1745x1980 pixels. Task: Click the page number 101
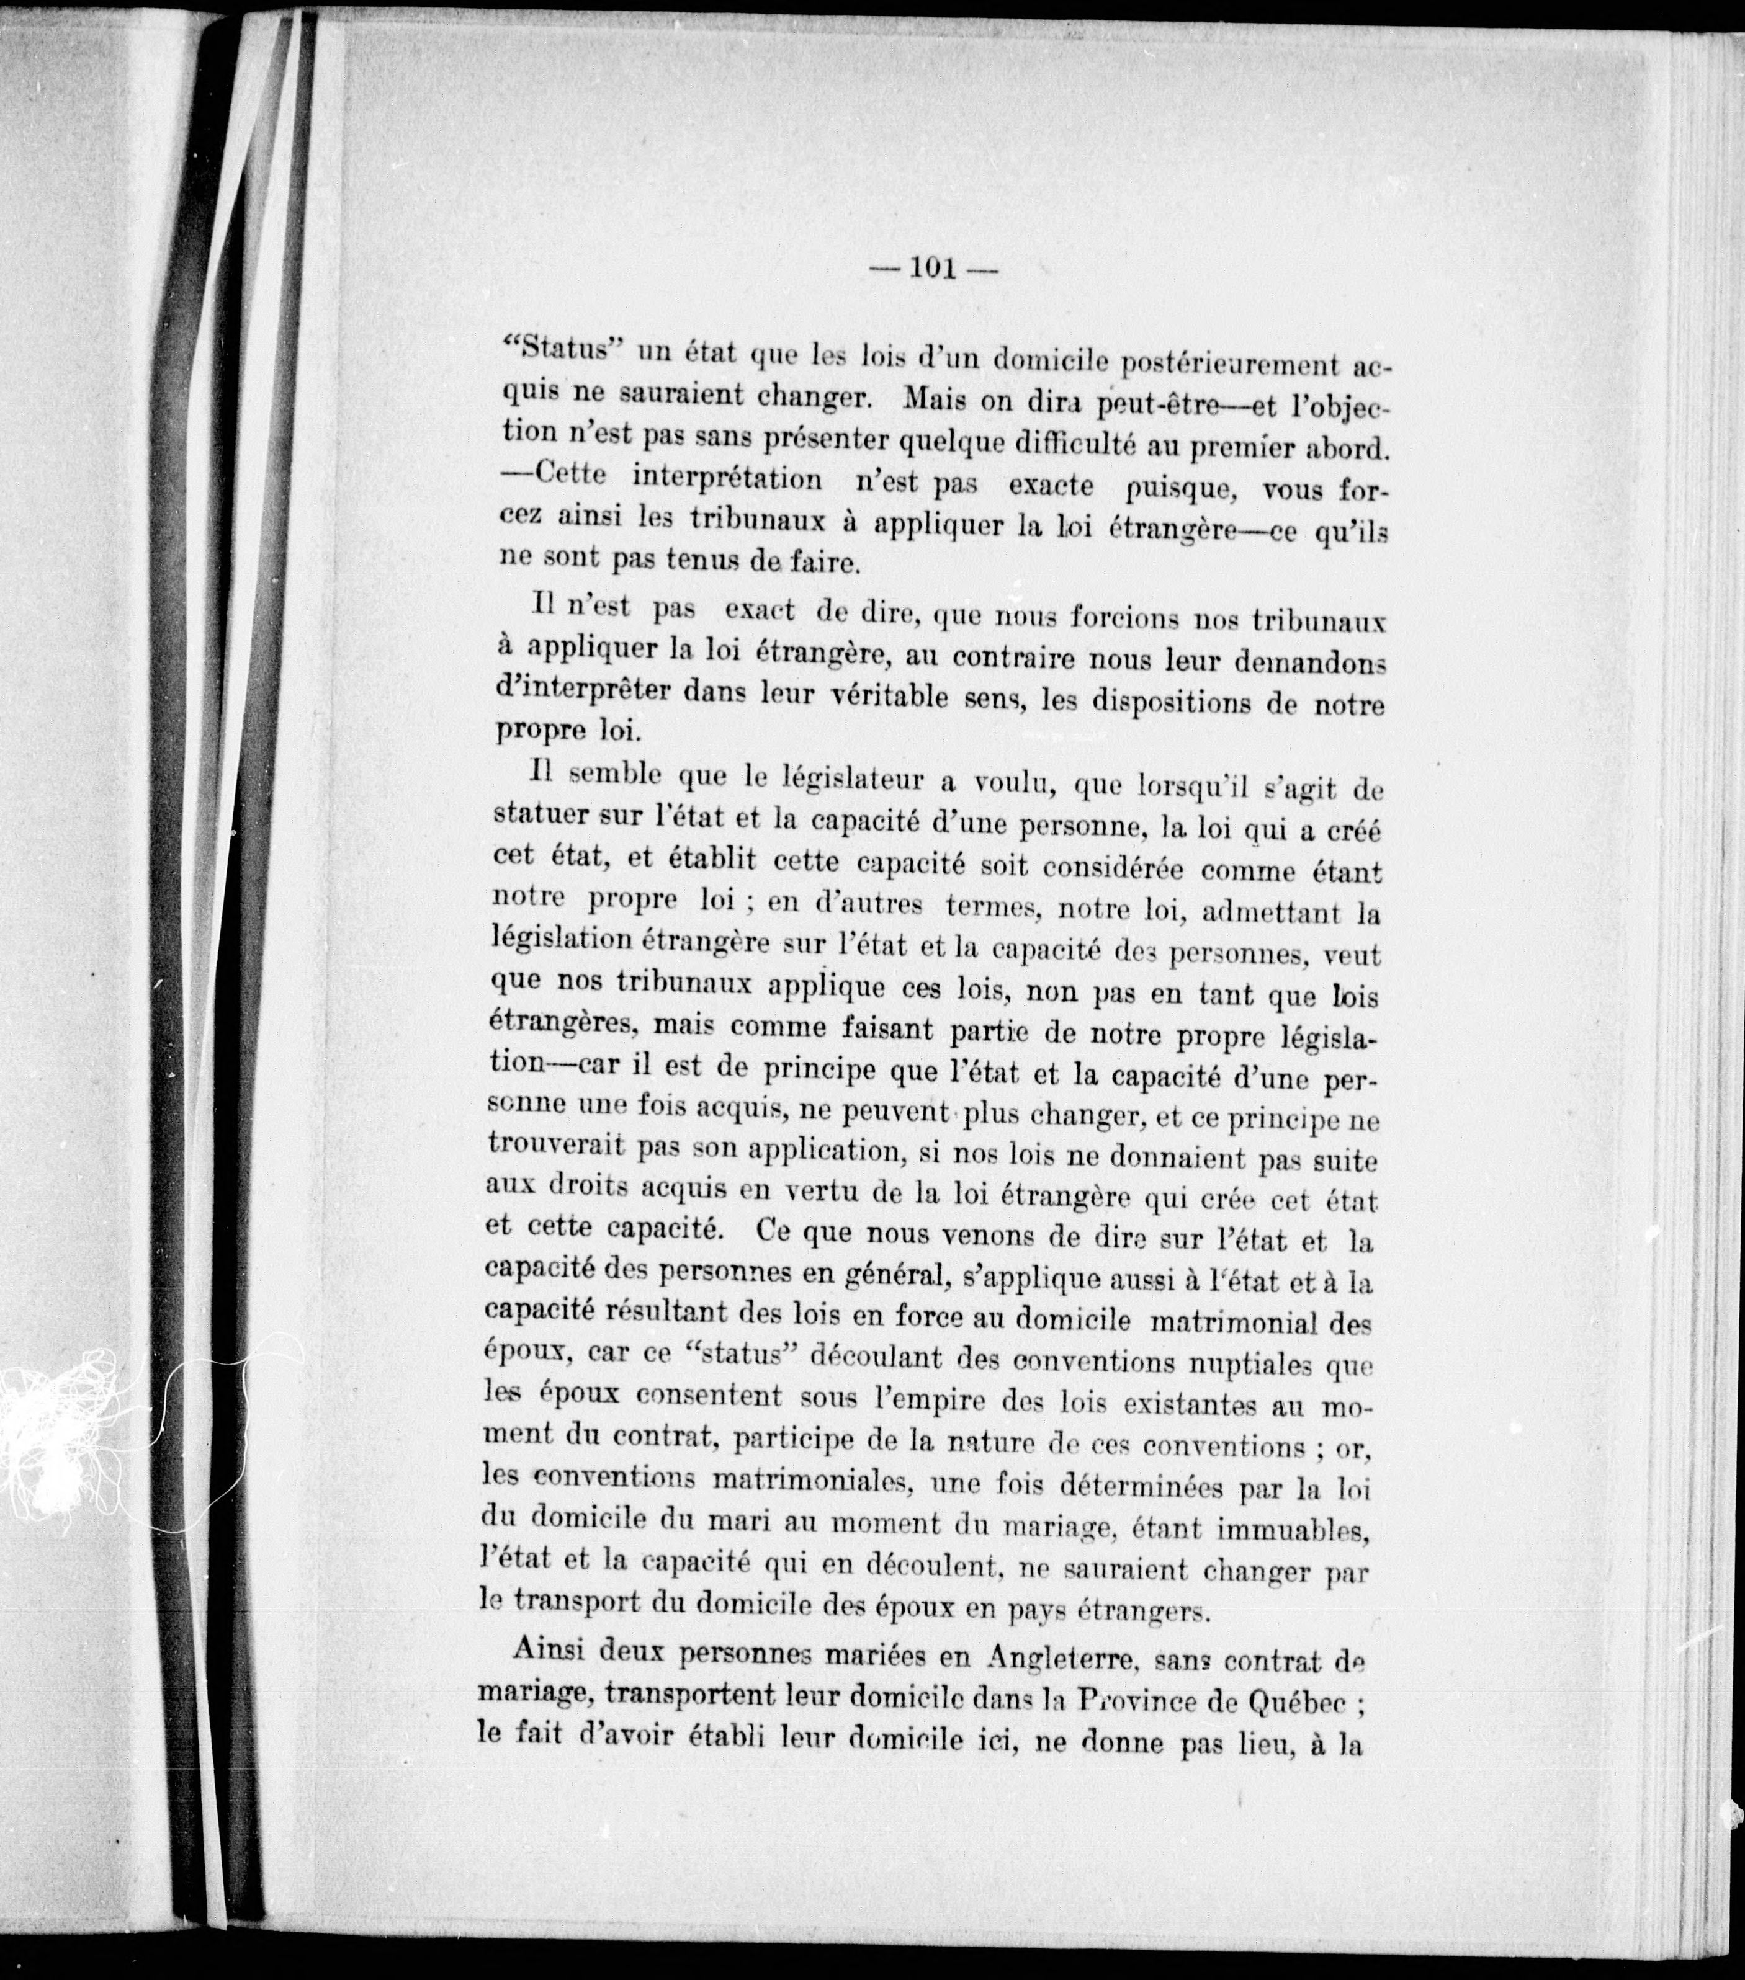point(932,269)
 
